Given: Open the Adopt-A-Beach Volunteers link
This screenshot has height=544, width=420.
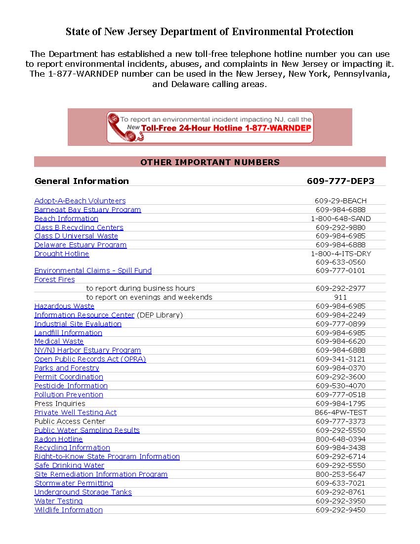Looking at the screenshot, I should [80, 201].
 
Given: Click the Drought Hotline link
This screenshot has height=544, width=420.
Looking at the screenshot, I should [62, 254].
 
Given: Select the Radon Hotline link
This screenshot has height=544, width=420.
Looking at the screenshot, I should [58, 439].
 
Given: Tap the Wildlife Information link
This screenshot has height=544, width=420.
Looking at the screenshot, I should [69, 510].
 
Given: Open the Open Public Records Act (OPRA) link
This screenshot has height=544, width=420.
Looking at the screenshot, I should [90, 359].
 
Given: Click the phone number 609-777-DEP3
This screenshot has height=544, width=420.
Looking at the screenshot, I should [340, 181].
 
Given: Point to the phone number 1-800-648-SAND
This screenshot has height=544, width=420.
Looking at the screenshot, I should [340, 219].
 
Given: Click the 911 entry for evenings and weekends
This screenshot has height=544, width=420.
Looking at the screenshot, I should [340, 297].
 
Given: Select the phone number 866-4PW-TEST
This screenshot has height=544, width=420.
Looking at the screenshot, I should [340, 412].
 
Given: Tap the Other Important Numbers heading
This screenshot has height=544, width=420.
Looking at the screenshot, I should [210, 162].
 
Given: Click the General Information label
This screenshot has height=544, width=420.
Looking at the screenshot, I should [82, 181].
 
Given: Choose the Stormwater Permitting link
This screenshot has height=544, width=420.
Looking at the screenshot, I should [74, 483].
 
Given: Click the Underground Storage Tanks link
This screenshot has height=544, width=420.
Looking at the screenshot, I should [83, 492].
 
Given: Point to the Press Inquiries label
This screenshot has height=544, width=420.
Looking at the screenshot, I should [60, 404].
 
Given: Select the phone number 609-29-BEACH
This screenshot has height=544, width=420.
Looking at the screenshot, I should [340, 201].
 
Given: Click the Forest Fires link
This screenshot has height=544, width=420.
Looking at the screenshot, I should [55, 279].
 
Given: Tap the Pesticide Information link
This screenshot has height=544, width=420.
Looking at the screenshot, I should [71, 386].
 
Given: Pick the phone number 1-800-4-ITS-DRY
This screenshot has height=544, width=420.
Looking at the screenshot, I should [340, 254].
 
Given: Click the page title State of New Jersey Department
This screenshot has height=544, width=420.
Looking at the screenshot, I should [210, 32].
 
